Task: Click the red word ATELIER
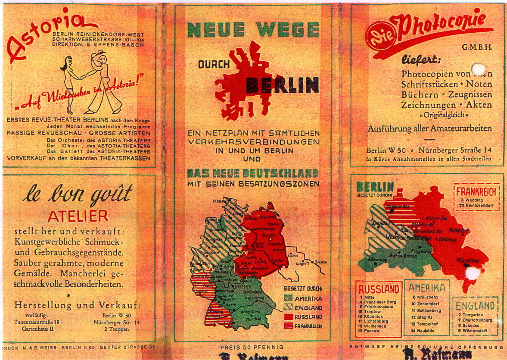point(78,216)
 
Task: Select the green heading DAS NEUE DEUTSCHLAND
point(253,173)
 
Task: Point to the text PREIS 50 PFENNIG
point(252,347)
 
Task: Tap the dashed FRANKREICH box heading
point(476,191)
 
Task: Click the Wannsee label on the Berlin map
point(378,259)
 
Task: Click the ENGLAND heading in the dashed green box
point(476,306)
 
